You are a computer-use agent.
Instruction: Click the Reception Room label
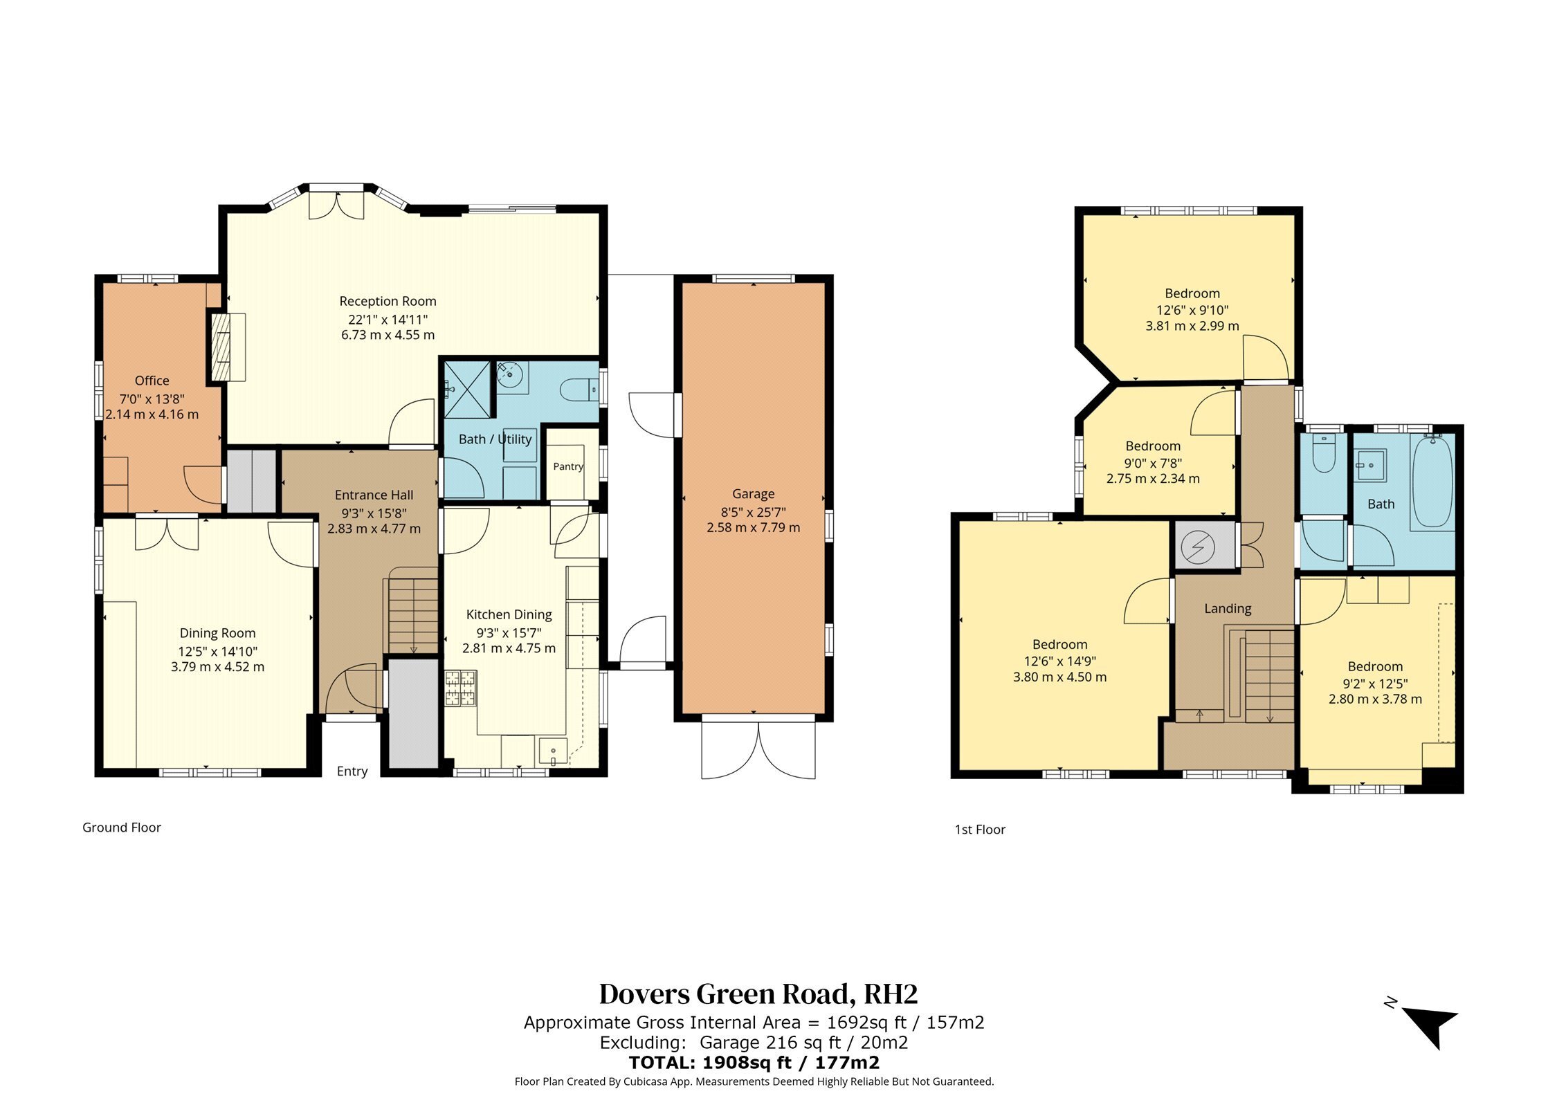click(388, 301)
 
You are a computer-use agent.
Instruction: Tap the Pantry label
click(568, 466)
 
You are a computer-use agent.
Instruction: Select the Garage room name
click(753, 494)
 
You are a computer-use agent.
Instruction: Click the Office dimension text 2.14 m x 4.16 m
click(152, 414)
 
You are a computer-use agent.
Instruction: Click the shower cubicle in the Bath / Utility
click(469, 389)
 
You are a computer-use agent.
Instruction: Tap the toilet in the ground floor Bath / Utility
click(579, 390)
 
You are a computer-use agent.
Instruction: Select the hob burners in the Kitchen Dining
click(461, 688)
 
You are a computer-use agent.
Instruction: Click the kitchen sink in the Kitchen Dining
click(553, 752)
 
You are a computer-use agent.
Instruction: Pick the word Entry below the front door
click(352, 771)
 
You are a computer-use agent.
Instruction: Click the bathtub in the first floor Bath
click(1432, 482)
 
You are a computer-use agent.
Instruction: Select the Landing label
click(1228, 609)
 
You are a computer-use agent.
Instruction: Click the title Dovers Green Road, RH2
click(758, 994)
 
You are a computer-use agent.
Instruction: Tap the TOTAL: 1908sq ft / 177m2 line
click(754, 1063)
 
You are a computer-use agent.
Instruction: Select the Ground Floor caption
click(122, 827)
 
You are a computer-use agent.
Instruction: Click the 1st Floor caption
click(980, 830)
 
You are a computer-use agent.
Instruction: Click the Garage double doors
click(758, 750)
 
